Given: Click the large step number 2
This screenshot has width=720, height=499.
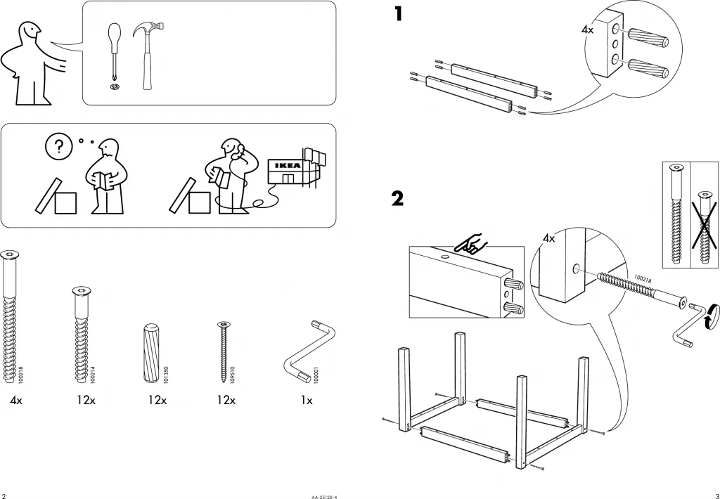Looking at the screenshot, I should point(398,199).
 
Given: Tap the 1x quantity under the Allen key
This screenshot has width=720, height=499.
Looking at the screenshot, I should point(307,401).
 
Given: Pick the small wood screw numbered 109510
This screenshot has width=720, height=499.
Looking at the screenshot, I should point(224,349).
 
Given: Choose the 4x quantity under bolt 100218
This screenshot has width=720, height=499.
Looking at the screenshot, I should point(16,401).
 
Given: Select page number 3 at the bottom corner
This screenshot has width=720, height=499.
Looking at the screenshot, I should point(716,493).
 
